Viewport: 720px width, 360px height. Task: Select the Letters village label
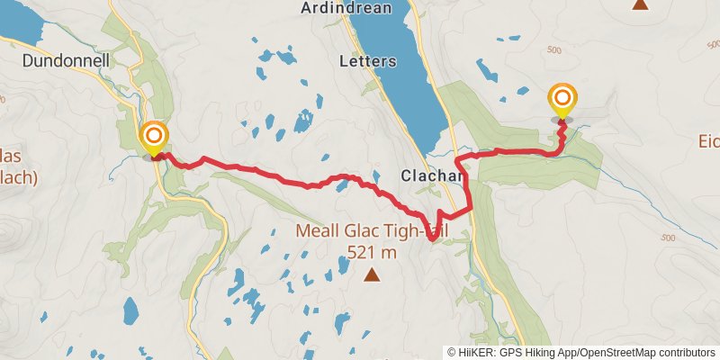pyautogui.click(x=367, y=62)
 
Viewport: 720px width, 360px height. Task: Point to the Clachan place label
pyautogui.click(x=433, y=176)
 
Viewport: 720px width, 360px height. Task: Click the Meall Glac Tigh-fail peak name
pyautogui.click(x=372, y=232)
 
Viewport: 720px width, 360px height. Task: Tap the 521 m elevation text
pyautogui.click(x=372, y=251)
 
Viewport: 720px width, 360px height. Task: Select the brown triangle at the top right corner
pyautogui.click(x=640, y=4)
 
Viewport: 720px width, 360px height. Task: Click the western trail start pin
pyautogui.click(x=154, y=138)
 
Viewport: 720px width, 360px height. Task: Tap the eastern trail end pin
pyautogui.click(x=562, y=100)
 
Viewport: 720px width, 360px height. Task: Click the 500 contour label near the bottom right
pyautogui.click(x=667, y=238)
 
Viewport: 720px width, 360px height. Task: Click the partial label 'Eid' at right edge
pyautogui.click(x=709, y=141)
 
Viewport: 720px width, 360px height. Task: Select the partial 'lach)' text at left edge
pyautogui.click(x=18, y=176)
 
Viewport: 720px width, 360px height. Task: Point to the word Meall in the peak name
pyautogui.click(x=318, y=232)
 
